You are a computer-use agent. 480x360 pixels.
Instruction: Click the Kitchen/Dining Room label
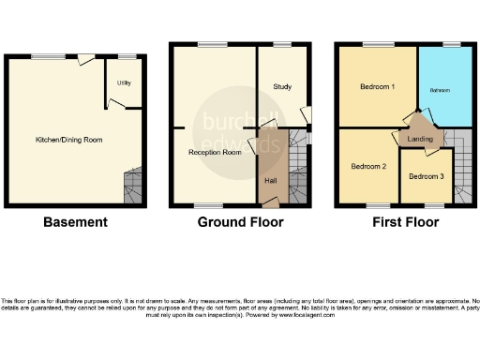[x=68, y=140]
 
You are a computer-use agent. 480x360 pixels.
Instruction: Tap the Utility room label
[x=124, y=83]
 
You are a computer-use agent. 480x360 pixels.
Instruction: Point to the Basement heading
[x=75, y=222]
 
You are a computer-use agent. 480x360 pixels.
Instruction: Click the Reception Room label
[x=209, y=151]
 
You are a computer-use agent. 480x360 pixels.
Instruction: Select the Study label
[x=282, y=87]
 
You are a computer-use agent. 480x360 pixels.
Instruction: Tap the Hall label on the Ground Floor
[x=270, y=180]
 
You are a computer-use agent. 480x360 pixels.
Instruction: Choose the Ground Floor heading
[x=240, y=222]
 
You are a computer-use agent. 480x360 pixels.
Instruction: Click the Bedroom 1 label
[x=377, y=87]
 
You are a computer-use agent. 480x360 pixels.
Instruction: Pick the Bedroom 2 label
[x=368, y=167]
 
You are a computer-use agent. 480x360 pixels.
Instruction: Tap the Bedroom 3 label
[x=427, y=176]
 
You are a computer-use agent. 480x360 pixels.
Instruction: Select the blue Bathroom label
[x=441, y=91]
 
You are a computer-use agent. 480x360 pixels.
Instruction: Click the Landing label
[x=417, y=139]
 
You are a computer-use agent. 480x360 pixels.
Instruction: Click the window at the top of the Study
[x=281, y=44]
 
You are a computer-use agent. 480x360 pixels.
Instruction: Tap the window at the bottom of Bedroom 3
[x=434, y=205]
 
